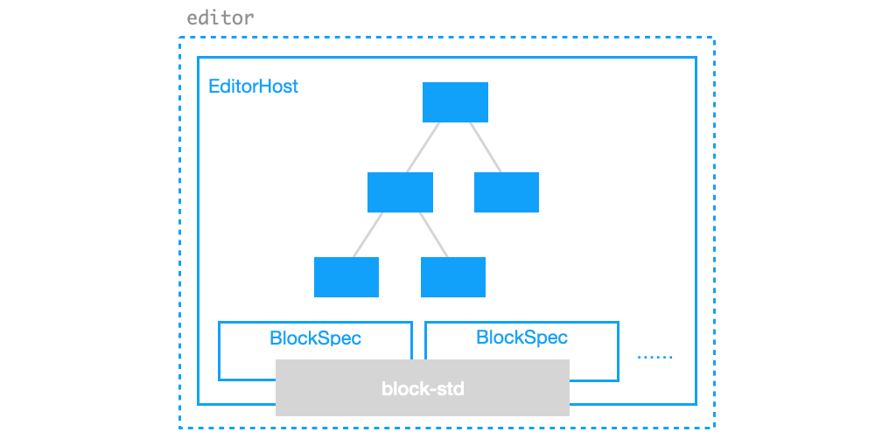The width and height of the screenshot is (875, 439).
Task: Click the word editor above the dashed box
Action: [220, 17]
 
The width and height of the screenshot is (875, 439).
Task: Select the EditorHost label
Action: [253, 87]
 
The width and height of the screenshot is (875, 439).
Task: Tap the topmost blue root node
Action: [455, 102]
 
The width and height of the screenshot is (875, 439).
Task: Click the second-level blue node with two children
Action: [400, 192]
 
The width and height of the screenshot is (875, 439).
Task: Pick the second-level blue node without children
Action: [506, 192]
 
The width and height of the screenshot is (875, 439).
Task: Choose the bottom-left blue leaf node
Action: [346, 277]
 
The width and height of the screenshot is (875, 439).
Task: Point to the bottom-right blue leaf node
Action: [453, 277]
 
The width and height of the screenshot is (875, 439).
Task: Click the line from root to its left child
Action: [423, 147]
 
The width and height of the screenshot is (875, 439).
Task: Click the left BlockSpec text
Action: [315, 338]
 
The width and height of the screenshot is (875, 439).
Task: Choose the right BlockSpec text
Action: [521, 338]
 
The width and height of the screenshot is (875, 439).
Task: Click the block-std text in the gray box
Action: [423, 387]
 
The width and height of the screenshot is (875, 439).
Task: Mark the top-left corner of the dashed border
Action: [180, 38]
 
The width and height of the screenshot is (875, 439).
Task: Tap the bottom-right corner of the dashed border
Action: [714, 427]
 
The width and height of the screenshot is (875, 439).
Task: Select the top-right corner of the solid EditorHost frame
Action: [696, 59]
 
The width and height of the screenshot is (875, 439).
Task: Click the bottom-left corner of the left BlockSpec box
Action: [219, 379]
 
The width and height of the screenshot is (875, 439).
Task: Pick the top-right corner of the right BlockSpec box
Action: [618, 323]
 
